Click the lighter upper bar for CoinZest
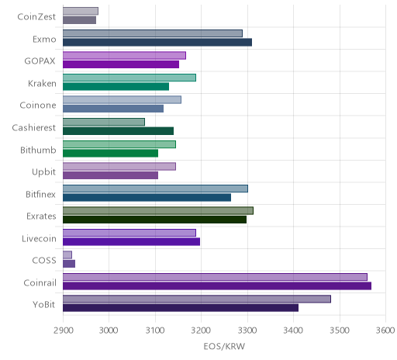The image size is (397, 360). (x=81, y=11)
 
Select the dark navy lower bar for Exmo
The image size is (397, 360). (x=157, y=42)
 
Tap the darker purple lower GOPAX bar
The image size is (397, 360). (x=121, y=64)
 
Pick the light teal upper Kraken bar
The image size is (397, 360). (x=129, y=78)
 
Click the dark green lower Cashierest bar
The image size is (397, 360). (x=118, y=131)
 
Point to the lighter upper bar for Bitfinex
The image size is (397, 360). (x=155, y=189)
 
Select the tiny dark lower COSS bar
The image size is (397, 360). (x=69, y=264)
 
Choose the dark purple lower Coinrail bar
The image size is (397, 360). (x=217, y=286)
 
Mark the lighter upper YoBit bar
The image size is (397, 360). (x=197, y=299)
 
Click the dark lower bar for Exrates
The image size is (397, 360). (x=154, y=220)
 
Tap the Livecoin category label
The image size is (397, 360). (x=39, y=238)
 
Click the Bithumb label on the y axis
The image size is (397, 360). (x=38, y=150)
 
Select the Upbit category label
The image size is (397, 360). (x=43, y=172)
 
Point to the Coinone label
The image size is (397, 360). (x=38, y=106)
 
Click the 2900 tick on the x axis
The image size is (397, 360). (x=64, y=331)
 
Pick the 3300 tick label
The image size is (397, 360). (x=247, y=331)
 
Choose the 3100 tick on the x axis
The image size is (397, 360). (x=155, y=331)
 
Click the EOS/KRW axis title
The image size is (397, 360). (x=224, y=346)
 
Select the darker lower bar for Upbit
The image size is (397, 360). (x=110, y=175)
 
